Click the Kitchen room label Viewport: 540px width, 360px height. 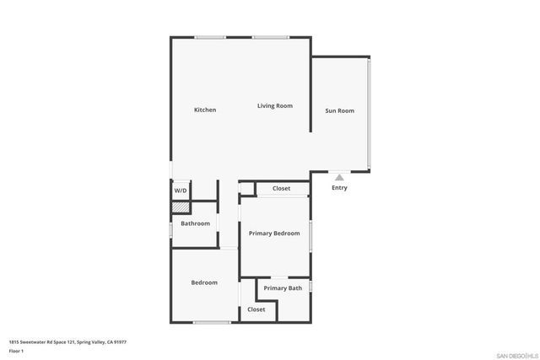205,110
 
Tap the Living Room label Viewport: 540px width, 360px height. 275,105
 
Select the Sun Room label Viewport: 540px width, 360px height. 339,110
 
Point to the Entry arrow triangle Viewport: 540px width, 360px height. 339,177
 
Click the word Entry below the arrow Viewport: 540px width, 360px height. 339,188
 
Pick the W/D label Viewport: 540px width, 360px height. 181,191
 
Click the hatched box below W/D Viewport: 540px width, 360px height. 180,206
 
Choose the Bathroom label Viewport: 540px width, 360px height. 195,223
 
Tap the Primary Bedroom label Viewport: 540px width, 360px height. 274,233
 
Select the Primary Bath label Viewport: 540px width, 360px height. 283,288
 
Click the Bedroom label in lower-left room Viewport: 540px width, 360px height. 204,282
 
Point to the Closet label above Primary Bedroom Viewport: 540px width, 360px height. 281,188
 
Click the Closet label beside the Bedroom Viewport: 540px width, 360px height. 256,309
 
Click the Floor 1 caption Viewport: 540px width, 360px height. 16,351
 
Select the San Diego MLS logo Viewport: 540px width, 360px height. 516,355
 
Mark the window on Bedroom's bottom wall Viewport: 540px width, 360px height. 212,322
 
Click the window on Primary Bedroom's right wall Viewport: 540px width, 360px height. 310,235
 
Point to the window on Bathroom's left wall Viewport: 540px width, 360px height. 171,228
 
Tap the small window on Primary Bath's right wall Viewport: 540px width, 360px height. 310,287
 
